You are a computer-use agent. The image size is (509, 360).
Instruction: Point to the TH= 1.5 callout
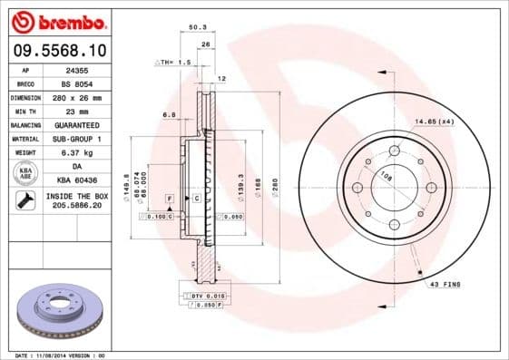(174, 63)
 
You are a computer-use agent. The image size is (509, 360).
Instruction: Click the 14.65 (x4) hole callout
(435, 121)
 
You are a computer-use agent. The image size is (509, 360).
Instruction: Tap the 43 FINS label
(445, 285)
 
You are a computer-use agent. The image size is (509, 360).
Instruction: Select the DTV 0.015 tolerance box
(205, 297)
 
